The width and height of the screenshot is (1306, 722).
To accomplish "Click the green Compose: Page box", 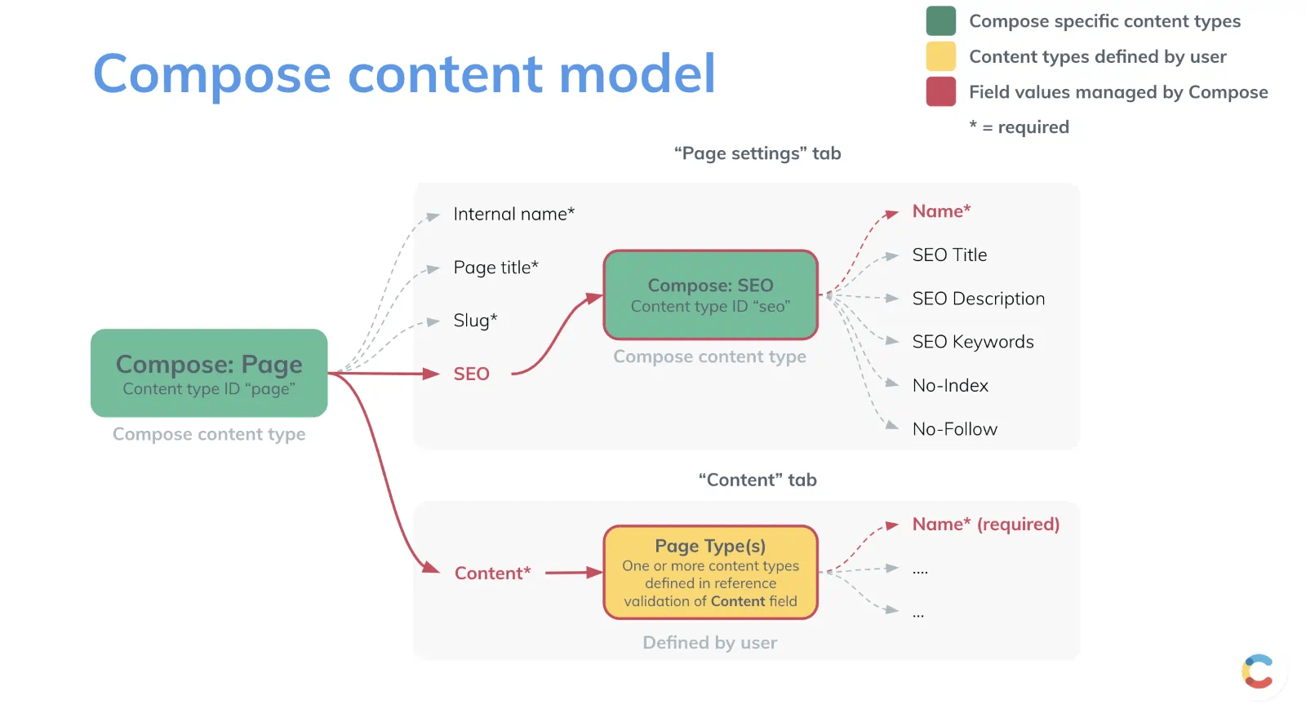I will coord(209,373).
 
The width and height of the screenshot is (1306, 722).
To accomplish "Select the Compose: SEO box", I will coord(710,295).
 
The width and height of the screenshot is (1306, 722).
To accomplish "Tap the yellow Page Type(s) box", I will coord(710,572).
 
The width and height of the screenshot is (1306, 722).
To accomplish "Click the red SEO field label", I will coord(471,374).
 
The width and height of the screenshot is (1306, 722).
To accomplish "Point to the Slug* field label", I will coord(475,321).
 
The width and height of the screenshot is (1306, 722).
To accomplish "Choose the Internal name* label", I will coord(513,214).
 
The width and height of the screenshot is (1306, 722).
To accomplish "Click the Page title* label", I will coord(495,268).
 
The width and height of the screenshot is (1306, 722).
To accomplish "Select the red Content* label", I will coord(492,573).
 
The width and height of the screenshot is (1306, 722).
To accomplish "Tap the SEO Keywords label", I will coord(972,342).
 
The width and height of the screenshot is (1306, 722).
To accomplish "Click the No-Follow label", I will coord(954,429).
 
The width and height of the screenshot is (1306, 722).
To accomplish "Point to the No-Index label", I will coord(950,386).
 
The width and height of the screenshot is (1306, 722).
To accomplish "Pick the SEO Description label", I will coord(978,299).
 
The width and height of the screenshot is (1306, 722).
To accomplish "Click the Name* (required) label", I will coord(985,525).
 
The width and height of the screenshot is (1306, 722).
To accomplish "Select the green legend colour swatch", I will coord(940,21).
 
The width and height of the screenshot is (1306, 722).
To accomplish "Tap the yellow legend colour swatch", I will coord(940,56).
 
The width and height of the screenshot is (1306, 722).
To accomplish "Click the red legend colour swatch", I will coord(940,91).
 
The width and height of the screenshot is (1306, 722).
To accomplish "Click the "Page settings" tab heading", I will coord(757,153).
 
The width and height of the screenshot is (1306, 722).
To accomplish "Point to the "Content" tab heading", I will coord(757,480).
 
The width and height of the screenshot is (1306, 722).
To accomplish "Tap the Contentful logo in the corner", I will coord(1258,671).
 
